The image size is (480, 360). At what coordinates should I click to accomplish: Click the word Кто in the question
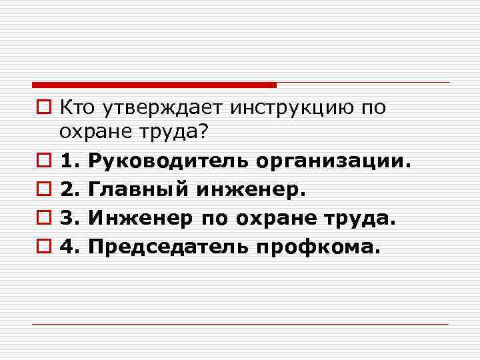click(x=75, y=107)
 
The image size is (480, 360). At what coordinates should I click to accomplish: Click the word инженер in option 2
click(x=251, y=189)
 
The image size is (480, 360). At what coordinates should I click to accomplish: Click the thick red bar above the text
click(x=154, y=85)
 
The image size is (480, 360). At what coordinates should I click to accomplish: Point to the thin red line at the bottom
click(x=240, y=324)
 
